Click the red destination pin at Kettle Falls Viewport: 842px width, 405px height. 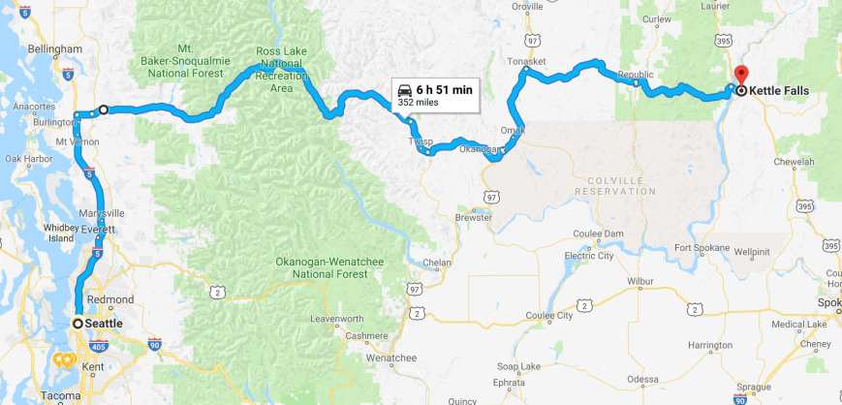[741, 74]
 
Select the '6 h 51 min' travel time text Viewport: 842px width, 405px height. [445, 90]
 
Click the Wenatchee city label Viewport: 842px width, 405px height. [390, 358]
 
